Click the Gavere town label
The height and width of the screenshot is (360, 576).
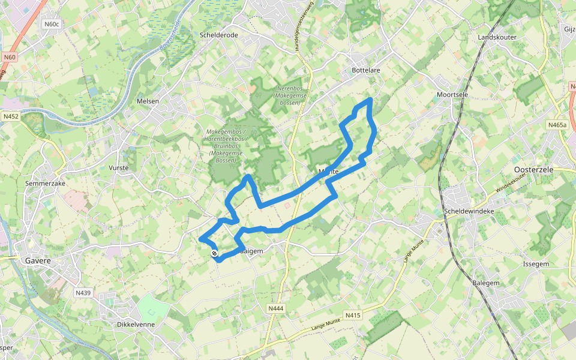click(x=38, y=261)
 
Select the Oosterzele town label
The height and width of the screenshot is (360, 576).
click(x=534, y=170)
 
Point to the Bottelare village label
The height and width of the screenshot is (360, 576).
click(x=365, y=70)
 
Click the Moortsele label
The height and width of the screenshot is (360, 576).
click(x=452, y=95)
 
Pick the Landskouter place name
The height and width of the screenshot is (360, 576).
click(x=497, y=37)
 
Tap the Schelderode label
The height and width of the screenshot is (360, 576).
click(x=218, y=35)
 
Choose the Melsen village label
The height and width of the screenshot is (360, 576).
click(x=148, y=101)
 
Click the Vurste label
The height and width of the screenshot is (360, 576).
click(x=119, y=168)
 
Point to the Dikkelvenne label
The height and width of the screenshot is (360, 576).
click(x=136, y=324)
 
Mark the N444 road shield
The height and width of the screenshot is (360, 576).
click(x=275, y=308)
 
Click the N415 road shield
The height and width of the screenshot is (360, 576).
click(x=353, y=315)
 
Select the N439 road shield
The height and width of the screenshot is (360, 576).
click(x=83, y=293)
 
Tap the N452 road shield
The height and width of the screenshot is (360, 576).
click(x=10, y=116)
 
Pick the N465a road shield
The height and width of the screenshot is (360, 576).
click(x=557, y=125)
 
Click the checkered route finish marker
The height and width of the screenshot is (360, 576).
click(x=214, y=253)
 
